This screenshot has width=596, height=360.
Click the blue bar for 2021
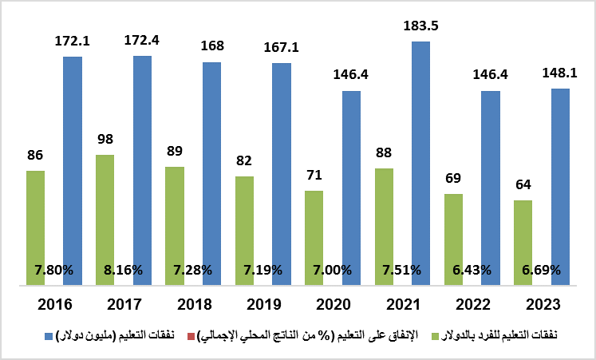click(420, 163)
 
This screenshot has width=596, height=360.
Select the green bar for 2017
click(105, 220)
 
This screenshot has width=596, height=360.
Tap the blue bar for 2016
click(73, 171)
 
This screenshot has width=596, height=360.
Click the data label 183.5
click(420, 26)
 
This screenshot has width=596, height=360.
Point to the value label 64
click(523, 185)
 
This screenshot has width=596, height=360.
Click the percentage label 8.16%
click(124, 270)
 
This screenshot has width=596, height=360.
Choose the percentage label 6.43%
click(472, 270)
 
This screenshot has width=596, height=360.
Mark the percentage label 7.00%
click(332, 270)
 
